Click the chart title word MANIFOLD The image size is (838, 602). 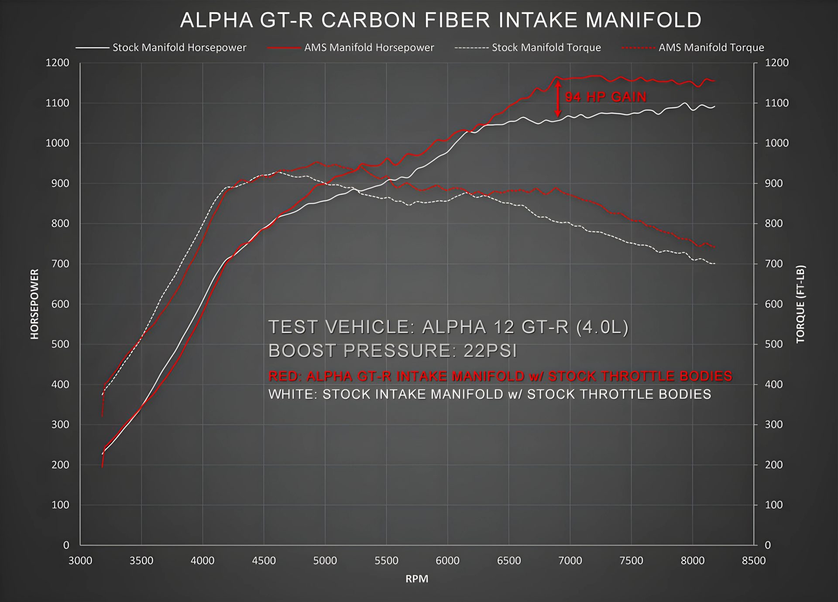point(643,20)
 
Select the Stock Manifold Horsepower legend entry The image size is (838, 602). point(179,48)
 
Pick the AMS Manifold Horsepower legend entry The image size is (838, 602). point(369,48)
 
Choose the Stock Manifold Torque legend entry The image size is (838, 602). point(546,48)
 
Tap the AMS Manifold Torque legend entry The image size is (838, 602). point(711,48)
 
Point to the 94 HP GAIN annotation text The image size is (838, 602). point(606,97)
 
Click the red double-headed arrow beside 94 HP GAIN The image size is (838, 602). point(558,99)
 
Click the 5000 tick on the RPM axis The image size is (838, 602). point(325,561)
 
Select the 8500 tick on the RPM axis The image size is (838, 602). point(754,561)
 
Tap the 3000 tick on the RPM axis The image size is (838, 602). point(80,561)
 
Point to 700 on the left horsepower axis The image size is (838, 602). point(60,264)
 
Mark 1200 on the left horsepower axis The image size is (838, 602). point(58,63)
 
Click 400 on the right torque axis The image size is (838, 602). point(773,385)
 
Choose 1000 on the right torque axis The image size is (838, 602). point(776,143)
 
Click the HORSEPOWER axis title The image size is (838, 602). point(34,304)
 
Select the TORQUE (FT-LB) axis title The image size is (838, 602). point(800,304)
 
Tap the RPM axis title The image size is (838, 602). point(417,579)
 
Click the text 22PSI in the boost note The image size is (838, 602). point(490,351)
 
